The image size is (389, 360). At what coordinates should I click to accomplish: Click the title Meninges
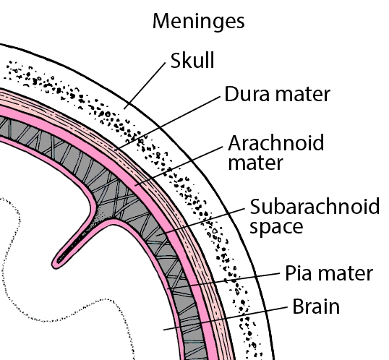click(198, 22)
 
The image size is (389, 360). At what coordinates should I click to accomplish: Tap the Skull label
click(192, 60)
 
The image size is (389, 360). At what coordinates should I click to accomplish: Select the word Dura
click(247, 94)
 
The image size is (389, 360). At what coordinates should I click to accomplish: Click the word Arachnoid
click(276, 142)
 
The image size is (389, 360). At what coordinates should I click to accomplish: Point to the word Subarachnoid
click(315, 206)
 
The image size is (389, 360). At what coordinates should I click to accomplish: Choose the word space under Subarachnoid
click(276, 226)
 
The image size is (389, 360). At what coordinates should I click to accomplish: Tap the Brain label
click(316, 307)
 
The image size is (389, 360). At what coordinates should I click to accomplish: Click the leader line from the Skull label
click(145, 86)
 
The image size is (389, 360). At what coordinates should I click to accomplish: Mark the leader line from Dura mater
click(168, 124)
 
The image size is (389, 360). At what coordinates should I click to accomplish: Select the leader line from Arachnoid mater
click(179, 166)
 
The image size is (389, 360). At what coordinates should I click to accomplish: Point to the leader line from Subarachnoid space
click(200, 222)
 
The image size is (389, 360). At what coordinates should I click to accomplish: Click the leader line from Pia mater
click(223, 281)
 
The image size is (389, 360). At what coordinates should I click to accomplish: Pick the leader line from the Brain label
click(226, 318)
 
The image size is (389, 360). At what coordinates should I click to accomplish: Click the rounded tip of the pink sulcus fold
click(56, 264)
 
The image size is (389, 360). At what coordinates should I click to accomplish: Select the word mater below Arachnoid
click(255, 163)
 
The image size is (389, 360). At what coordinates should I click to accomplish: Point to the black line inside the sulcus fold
click(73, 247)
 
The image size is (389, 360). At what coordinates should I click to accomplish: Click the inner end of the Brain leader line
click(163, 330)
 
